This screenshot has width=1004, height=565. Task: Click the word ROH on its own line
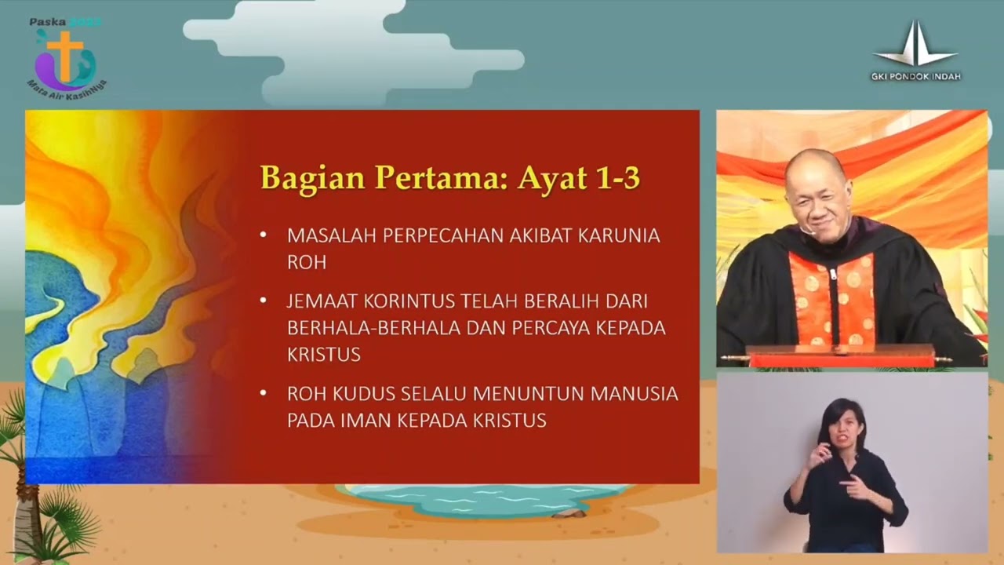point(306,262)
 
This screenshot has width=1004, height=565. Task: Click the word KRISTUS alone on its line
point(323,355)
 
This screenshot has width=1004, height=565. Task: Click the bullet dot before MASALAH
point(263,235)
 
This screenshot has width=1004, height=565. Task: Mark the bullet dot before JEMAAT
point(263,301)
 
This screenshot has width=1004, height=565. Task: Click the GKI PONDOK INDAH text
point(915,77)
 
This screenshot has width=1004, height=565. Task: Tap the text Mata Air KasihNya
point(66,85)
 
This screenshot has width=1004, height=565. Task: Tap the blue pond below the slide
point(486,499)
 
